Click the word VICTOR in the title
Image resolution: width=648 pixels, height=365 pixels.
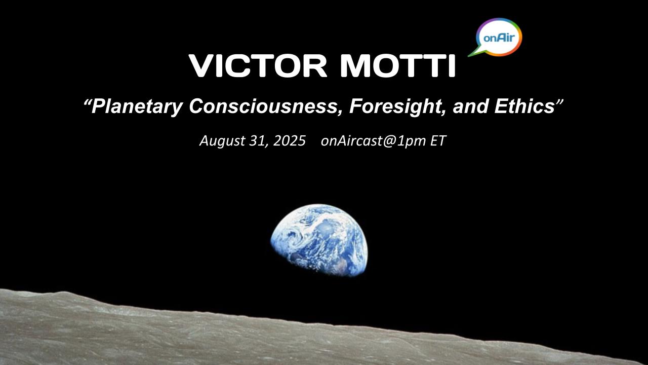click(x=258, y=65)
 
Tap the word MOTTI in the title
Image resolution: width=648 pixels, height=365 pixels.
click(x=398, y=65)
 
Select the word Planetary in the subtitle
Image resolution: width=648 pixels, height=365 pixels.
click(x=137, y=106)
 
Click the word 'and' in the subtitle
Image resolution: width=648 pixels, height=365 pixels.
click(x=471, y=106)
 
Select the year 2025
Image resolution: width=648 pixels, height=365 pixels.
click(x=289, y=140)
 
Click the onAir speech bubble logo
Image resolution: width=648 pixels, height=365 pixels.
click(x=499, y=37)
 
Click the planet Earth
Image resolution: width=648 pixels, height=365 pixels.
click(x=319, y=240)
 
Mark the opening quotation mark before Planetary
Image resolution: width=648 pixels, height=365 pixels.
click(x=87, y=102)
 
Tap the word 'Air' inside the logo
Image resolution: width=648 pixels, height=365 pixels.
click(x=506, y=38)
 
